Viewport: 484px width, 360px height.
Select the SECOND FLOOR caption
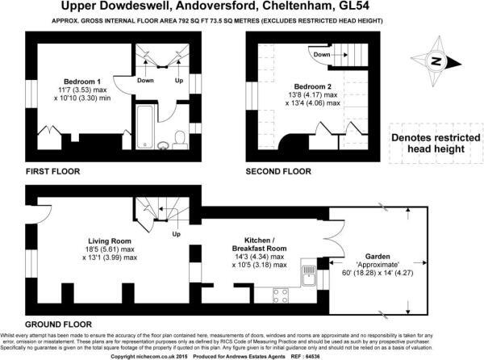(279, 170)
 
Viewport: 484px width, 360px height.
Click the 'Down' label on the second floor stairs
(321, 55)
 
